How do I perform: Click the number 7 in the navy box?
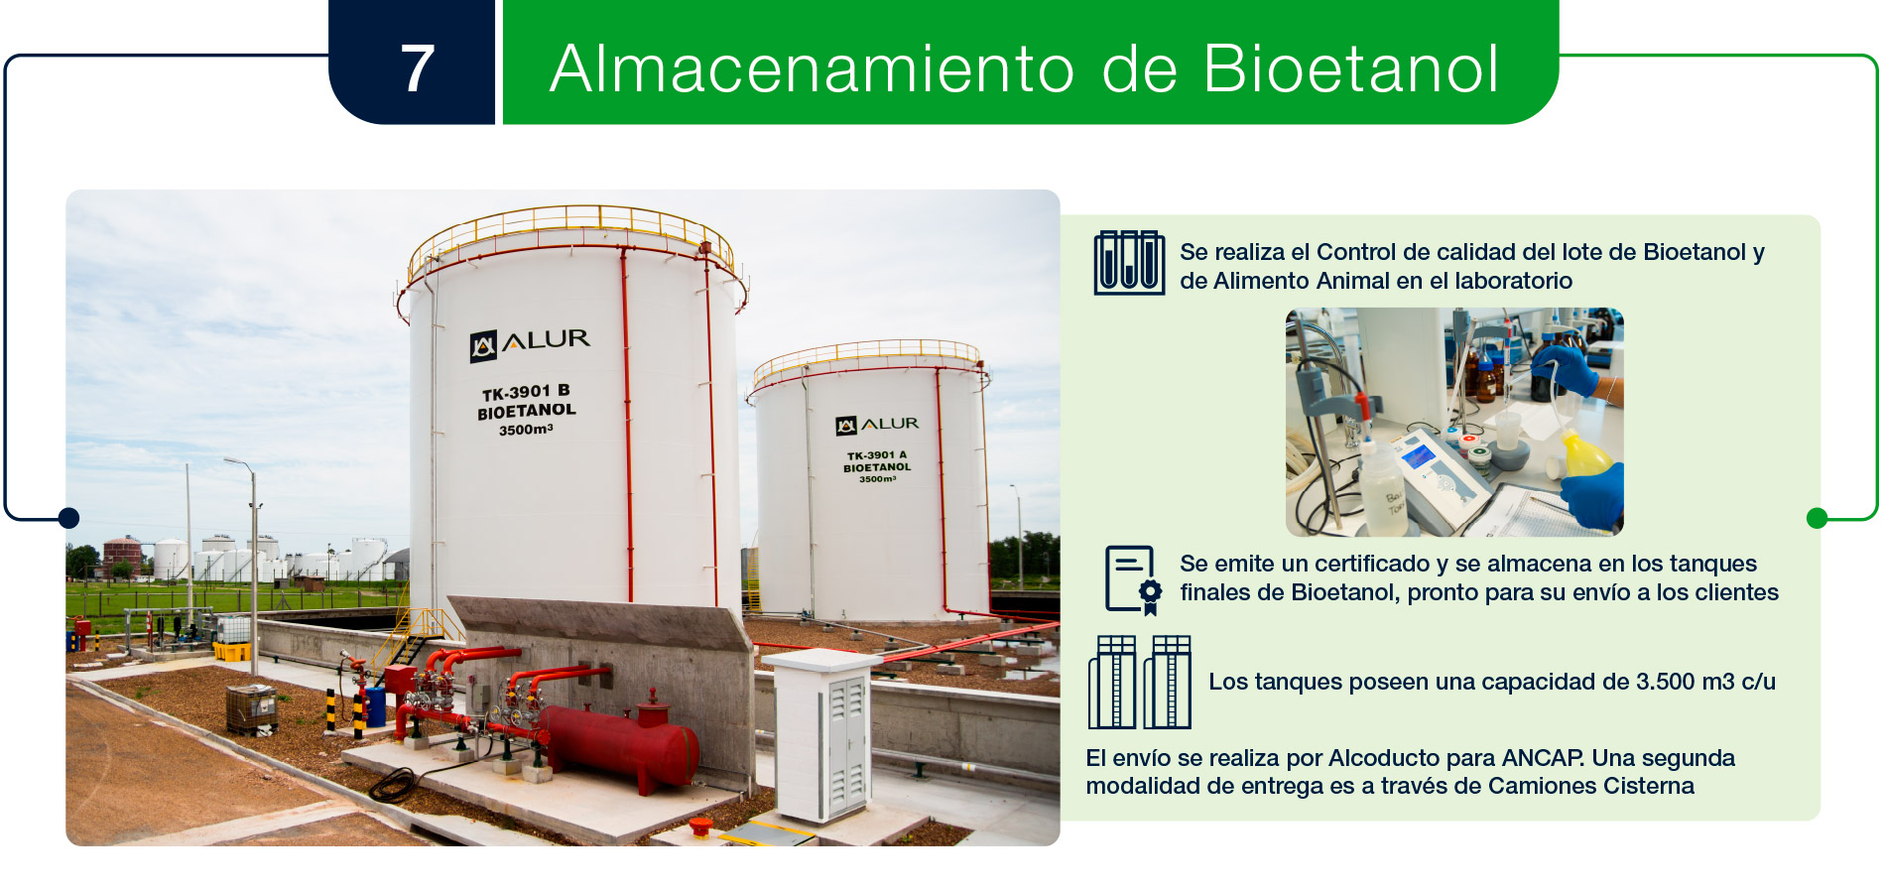(418, 68)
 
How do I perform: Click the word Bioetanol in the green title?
(1350, 68)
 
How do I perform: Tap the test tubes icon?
(1129, 263)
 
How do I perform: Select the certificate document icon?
(1133, 580)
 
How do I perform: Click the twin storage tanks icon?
(1140, 683)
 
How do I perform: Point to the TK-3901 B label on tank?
(526, 392)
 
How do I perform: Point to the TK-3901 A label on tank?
(877, 455)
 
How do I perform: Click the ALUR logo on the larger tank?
(530, 343)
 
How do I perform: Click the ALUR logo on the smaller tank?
(877, 425)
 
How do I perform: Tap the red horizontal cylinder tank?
(618, 744)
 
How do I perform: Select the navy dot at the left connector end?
(68, 518)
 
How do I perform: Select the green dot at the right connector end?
(1818, 518)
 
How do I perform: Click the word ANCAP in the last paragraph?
(1543, 758)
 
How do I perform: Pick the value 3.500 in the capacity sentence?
(1666, 682)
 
